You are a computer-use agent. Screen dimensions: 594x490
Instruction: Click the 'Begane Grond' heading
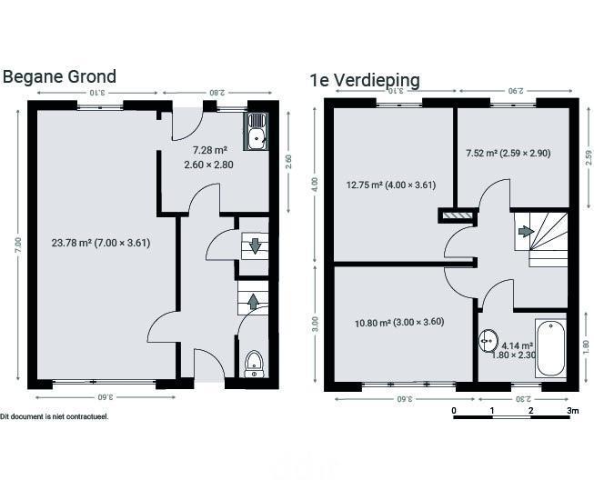[x=59, y=77]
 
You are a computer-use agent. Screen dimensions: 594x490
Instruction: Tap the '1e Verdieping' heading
[x=365, y=81]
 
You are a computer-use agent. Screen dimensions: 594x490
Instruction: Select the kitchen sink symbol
[x=257, y=132]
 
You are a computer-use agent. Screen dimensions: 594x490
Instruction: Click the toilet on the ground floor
[x=254, y=364]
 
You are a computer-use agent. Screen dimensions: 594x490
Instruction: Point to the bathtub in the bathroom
[x=551, y=348]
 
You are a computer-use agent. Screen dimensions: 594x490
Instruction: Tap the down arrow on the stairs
[x=255, y=246]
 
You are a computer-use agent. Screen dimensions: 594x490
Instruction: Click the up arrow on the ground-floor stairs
[x=254, y=302]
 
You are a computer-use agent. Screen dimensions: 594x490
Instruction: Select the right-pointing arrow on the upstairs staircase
[x=526, y=231]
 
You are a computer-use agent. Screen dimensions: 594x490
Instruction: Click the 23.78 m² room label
[x=101, y=243]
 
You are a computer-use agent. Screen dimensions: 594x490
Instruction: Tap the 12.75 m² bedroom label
[x=391, y=185]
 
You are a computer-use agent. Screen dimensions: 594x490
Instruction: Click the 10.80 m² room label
[x=399, y=323]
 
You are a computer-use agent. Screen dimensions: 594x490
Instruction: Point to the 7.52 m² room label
[x=508, y=154]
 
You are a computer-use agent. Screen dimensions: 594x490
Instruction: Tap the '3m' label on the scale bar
[x=573, y=411]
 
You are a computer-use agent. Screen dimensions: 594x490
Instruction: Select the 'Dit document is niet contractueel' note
[x=55, y=417]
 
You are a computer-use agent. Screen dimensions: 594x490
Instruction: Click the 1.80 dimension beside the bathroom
[x=586, y=347]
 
